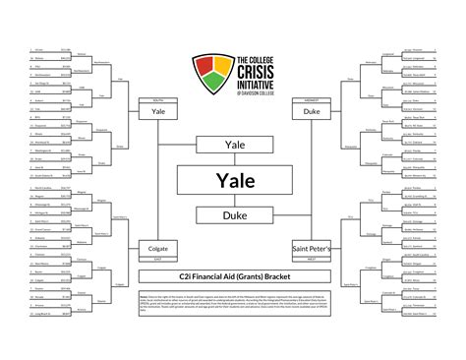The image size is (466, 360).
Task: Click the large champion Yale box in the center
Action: click(x=232, y=181)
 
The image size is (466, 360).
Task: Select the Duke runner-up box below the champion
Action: click(x=232, y=214)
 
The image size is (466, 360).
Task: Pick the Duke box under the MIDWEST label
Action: click(x=309, y=113)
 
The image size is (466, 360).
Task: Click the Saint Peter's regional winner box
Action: click(x=310, y=250)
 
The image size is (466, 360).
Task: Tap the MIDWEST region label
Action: click(x=309, y=99)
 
